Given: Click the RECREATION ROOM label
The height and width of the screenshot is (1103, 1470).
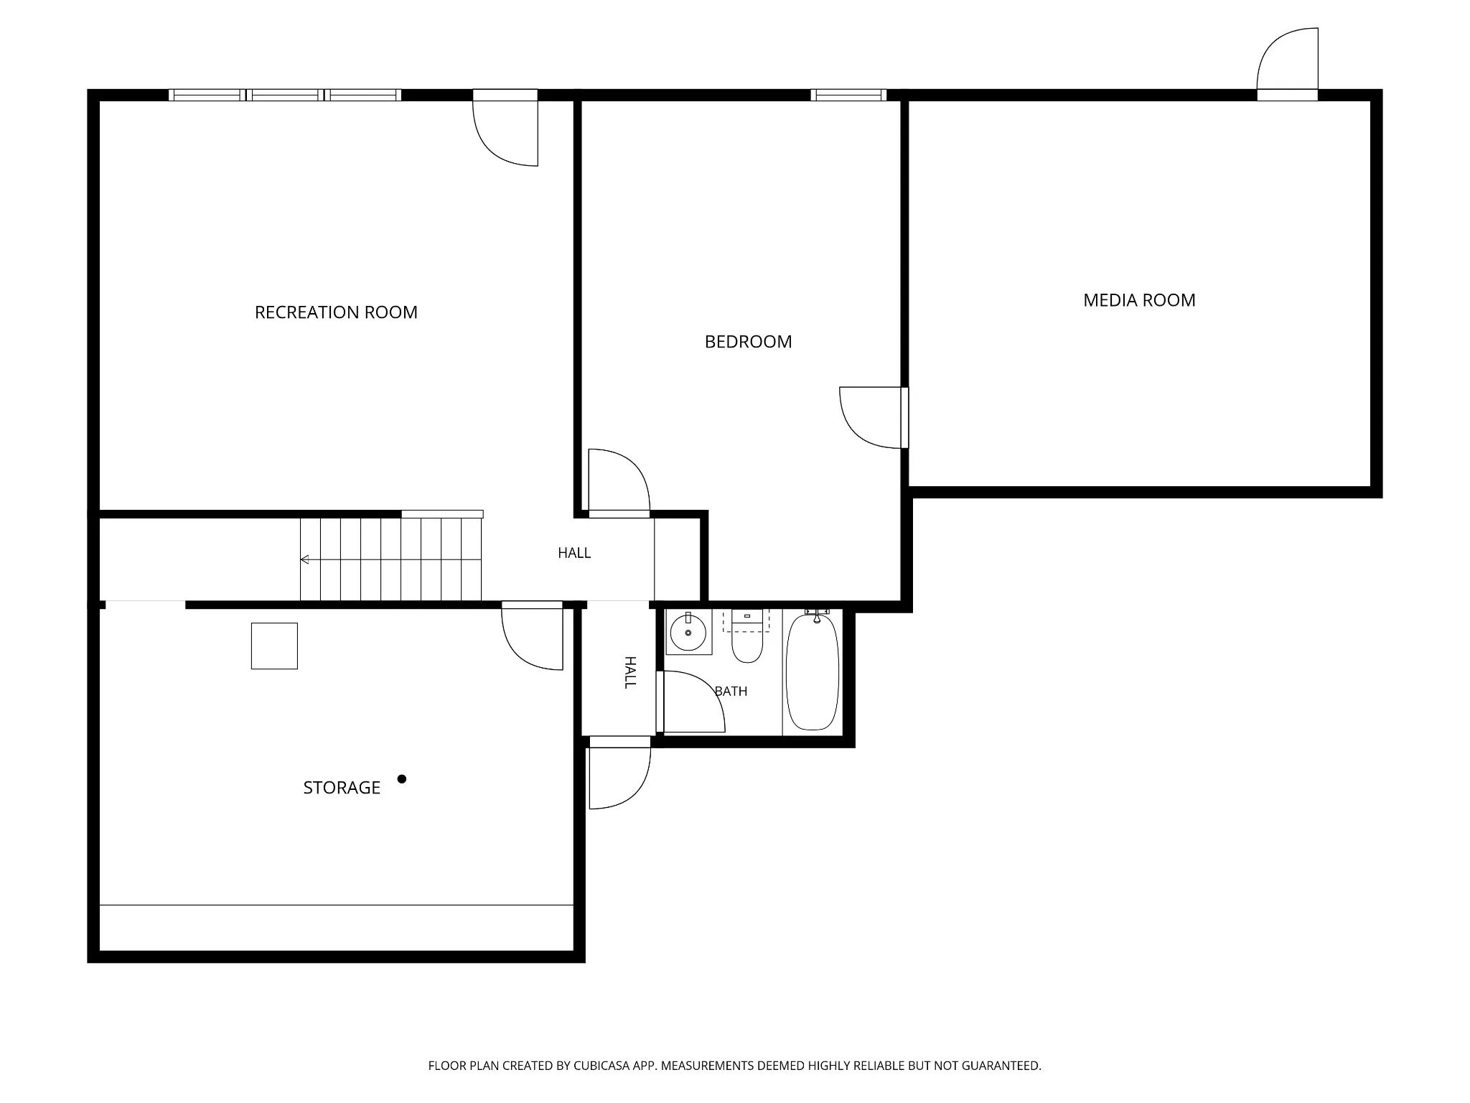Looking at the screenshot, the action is point(336,312).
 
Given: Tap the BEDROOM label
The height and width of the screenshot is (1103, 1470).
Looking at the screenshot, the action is point(748,342).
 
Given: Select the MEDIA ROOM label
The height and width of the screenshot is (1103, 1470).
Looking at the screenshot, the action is point(1139,300).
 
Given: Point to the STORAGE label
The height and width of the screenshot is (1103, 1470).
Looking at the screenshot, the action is point(342,788).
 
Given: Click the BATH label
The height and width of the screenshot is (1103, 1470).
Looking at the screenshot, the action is point(731,691).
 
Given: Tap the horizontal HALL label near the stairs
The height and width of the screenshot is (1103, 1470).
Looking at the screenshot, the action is point(574,553).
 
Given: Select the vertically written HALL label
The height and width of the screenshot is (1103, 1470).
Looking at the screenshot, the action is point(629,672).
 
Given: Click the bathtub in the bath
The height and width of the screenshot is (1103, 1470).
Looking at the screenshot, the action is point(813,671).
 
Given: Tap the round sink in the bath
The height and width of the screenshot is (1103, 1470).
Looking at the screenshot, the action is point(688,633).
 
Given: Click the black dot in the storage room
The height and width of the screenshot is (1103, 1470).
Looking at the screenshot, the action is point(402,779).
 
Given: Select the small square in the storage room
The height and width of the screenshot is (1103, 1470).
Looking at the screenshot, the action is point(274,646).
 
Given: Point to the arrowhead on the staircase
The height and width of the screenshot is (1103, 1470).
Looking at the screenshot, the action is point(304,559).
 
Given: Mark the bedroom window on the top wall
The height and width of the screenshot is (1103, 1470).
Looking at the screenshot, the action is point(848,95).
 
